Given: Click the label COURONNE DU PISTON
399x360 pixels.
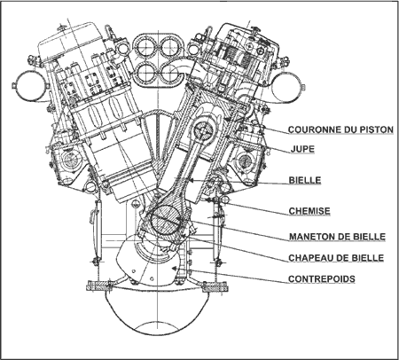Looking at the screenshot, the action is coord(340,129).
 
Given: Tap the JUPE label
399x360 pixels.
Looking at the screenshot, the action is coord(302,149).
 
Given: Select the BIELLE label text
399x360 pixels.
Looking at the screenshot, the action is coord(305,180).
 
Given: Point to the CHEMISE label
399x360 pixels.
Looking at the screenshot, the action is coord(309,211).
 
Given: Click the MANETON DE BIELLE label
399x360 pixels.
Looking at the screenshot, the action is coord(337,237).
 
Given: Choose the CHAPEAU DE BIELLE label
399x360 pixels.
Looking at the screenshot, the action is coord(336,258).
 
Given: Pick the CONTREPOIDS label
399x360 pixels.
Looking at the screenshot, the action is coord(322,278).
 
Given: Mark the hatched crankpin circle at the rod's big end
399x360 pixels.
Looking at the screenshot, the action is coord(165,221).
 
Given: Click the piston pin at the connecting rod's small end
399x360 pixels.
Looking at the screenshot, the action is coord(204,131).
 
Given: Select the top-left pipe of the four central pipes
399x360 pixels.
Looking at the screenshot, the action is coord(145,47).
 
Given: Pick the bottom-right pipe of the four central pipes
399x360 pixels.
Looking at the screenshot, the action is coord(171,73).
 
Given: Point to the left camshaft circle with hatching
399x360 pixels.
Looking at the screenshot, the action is coord(70,160).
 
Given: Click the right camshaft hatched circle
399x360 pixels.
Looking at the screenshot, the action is coord(245,161).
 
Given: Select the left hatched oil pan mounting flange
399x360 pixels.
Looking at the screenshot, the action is coord(98,287).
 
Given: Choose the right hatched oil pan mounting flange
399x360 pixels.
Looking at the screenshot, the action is coord(215,287).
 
